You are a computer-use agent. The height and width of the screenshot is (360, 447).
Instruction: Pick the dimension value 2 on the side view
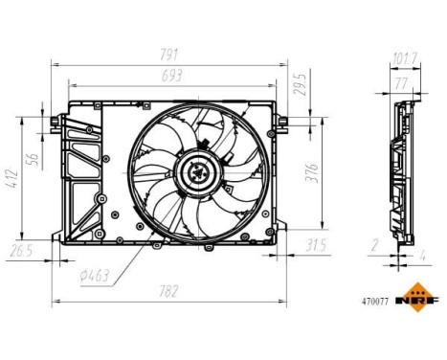pyautogui.click(x=374, y=246)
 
